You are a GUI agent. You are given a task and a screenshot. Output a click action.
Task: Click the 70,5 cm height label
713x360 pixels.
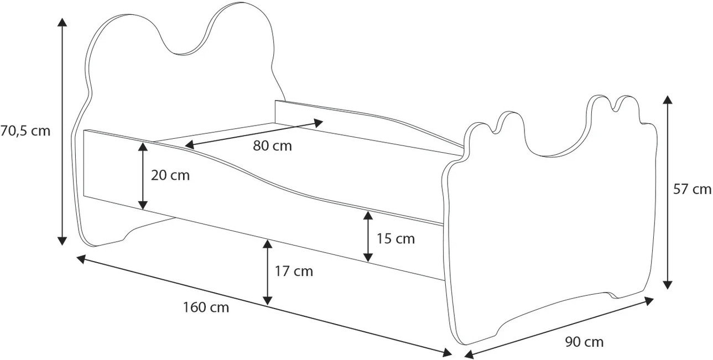point(25,131)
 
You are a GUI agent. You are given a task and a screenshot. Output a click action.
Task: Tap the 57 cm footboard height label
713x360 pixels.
point(693,189)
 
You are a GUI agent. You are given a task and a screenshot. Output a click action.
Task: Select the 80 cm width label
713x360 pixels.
point(273,146)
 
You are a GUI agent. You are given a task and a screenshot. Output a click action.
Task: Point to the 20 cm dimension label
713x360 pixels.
point(170,175)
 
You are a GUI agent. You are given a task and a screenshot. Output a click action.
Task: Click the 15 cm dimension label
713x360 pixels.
point(395,239)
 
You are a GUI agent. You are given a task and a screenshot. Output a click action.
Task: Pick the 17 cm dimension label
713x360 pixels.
point(294,271)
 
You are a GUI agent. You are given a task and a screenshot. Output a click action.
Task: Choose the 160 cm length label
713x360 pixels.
point(206,307)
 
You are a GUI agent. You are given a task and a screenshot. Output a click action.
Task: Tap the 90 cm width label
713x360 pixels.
point(585,342)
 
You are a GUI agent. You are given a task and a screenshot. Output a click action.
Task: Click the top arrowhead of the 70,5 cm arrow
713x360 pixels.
point(62,22)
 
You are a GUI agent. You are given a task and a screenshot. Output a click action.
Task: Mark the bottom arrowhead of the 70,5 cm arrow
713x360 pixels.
point(62,241)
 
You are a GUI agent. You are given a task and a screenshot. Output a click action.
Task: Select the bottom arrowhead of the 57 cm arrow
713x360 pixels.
point(668,285)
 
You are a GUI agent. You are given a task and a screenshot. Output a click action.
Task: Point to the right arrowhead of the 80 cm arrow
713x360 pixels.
point(319,123)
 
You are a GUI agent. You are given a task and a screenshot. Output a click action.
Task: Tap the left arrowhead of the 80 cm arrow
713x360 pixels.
point(189,145)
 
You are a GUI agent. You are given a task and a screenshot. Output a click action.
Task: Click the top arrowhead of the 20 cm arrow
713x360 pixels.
point(143,147)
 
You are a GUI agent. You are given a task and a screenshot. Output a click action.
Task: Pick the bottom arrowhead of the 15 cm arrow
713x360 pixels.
point(368,258)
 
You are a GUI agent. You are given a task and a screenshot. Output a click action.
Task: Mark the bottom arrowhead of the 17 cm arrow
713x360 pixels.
point(268,300)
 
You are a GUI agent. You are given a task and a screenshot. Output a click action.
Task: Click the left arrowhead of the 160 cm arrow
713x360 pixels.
point(82,259)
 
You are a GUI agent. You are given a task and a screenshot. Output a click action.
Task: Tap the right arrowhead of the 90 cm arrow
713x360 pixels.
point(649,301)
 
